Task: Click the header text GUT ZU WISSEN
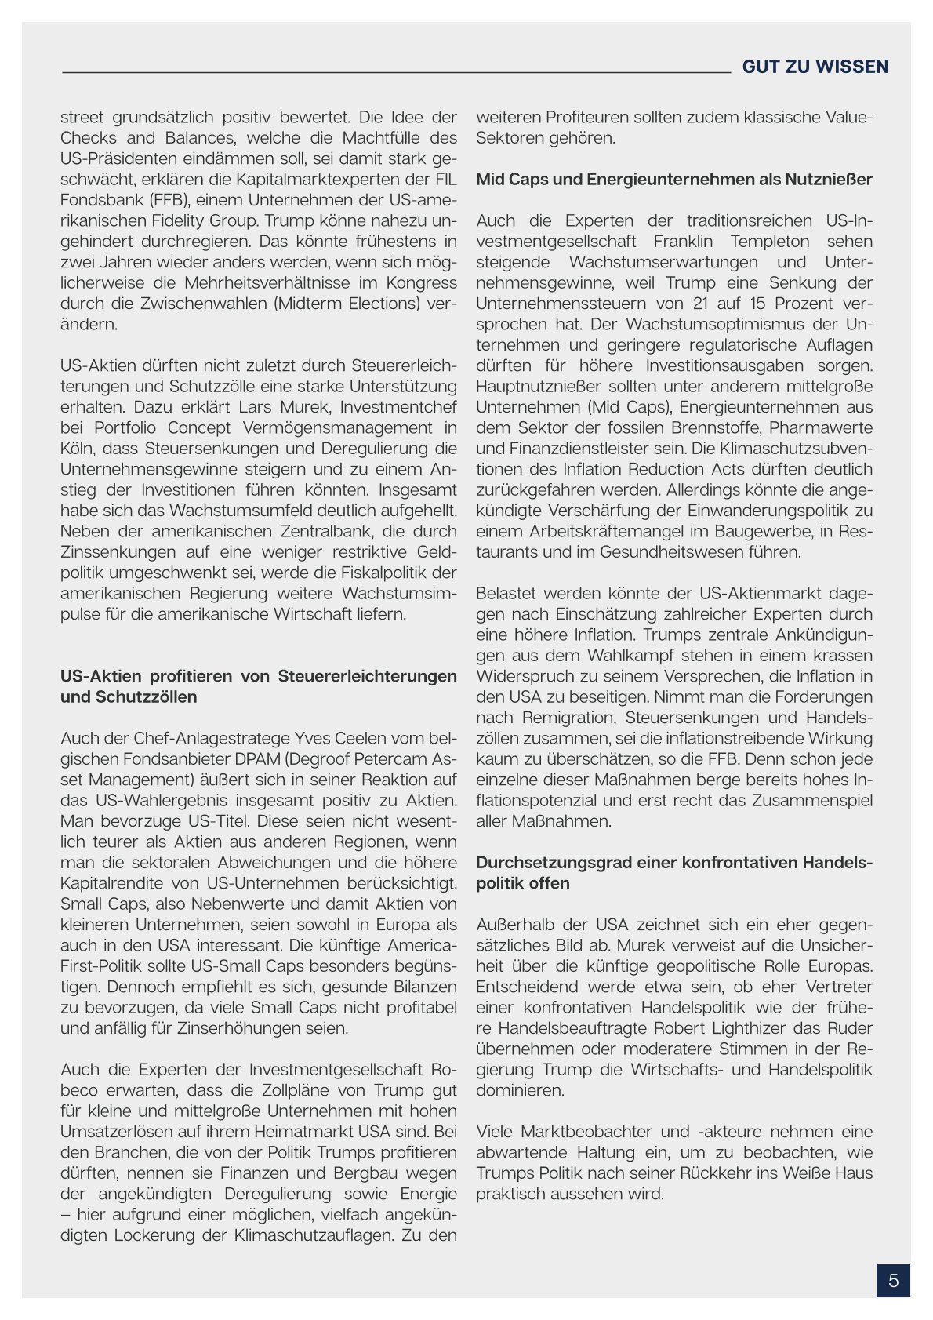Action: [x=815, y=67]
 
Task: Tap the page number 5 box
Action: [x=893, y=1281]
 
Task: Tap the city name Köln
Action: [x=78, y=449]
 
